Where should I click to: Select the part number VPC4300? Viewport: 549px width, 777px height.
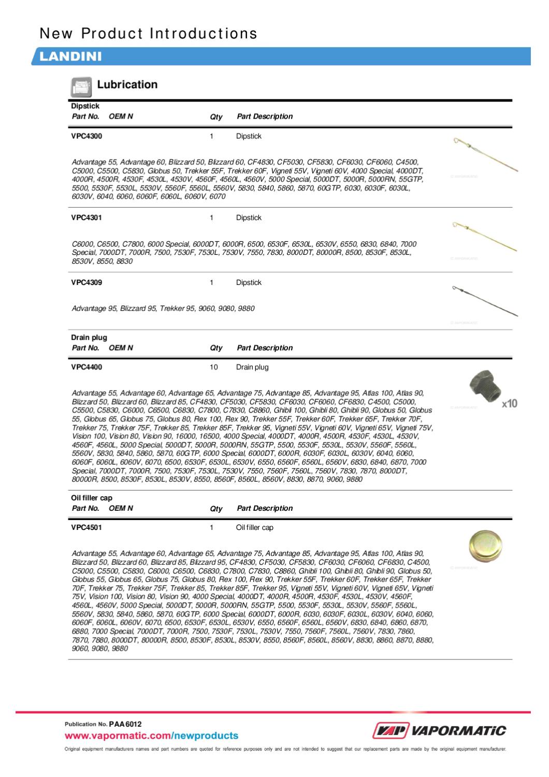[x=86, y=136]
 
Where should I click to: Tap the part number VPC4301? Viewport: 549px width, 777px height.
[x=86, y=218]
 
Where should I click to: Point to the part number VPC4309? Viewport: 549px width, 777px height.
[x=86, y=283]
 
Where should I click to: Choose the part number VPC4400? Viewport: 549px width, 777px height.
[x=86, y=367]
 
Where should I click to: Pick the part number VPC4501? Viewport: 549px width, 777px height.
[x=86, y=528]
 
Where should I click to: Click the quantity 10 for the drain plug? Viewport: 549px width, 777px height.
[x=213, y=367]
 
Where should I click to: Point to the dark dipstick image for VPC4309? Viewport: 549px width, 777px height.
[x=484, y=300]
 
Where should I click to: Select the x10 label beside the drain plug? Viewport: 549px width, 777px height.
[x=509, y=404]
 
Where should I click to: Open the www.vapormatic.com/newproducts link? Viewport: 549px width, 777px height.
[x=151, y=736]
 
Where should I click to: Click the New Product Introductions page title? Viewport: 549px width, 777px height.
[x=149, y=34]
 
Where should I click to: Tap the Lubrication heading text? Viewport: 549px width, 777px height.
[x=127, y=84]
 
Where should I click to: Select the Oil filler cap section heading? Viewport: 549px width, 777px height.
[x=92, y=498]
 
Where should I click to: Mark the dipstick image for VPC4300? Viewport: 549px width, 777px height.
[x=484, y=154]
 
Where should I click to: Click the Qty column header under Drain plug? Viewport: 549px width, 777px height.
[x=216, y=348]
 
